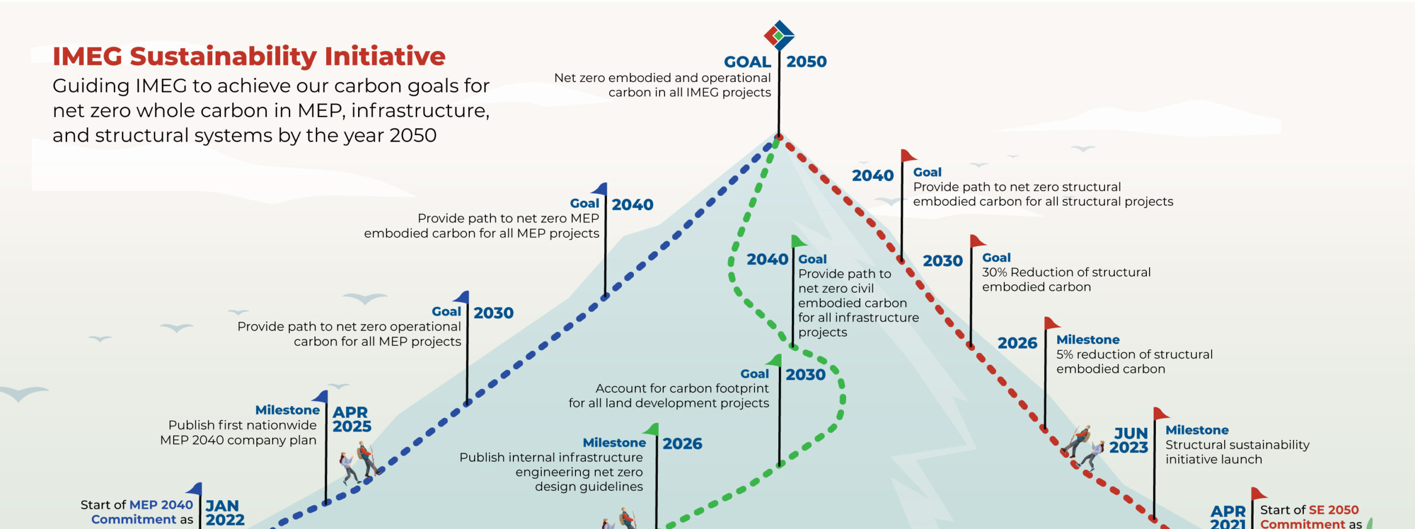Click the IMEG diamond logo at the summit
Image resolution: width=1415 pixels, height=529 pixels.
779,35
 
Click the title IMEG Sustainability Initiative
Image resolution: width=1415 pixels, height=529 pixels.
249,56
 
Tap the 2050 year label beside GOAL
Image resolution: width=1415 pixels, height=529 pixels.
806,61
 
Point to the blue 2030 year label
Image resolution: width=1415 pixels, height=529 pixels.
493,313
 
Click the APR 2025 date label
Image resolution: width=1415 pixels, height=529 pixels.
352,419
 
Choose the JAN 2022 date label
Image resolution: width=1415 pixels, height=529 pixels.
225,513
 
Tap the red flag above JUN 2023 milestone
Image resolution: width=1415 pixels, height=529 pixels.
1161,413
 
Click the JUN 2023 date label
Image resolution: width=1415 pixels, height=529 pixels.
1129,440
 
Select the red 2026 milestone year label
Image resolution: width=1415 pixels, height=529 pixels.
1017,343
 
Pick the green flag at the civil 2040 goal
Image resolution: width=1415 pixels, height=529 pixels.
799,241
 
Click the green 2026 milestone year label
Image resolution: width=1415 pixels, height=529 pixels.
682,444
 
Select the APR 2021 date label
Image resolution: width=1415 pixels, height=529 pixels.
1228,517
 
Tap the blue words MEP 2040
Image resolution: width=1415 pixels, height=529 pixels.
161,505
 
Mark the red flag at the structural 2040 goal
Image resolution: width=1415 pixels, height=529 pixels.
908,155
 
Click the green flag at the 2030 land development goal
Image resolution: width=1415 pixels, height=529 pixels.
775,361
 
